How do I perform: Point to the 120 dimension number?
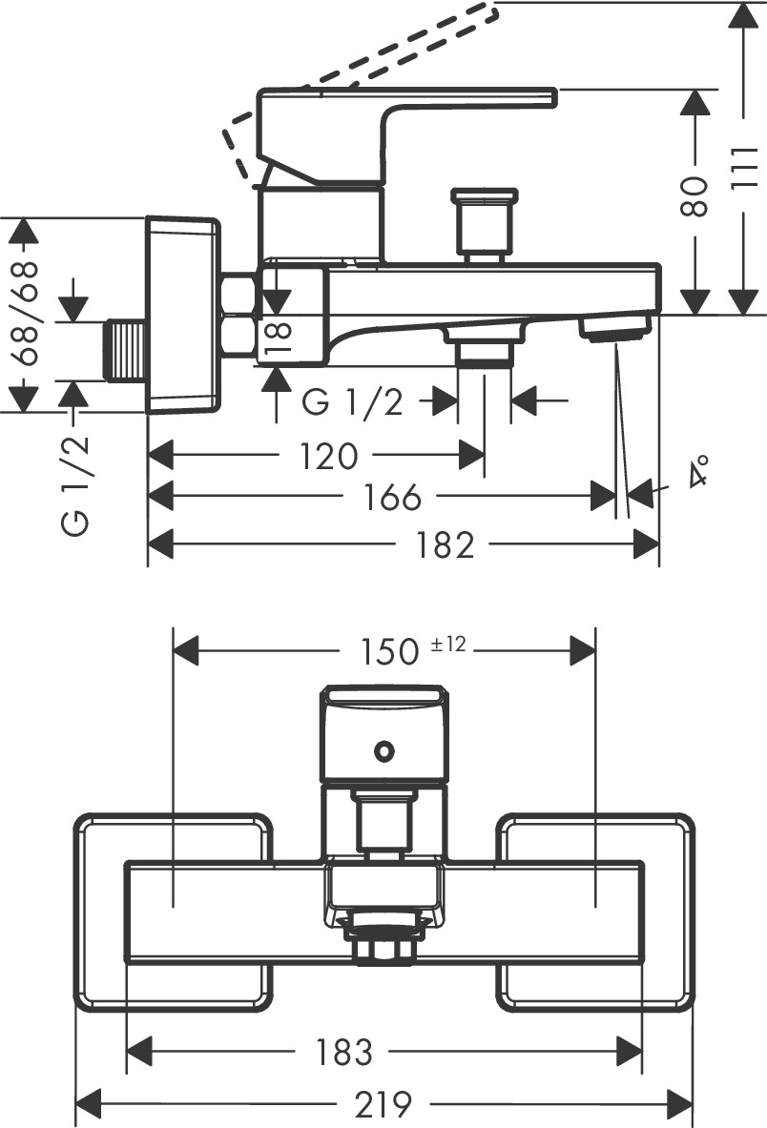[x=327, y=456]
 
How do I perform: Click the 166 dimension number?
[x=391, y=497]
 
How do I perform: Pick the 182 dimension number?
[x=446, y=545]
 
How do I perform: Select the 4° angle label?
[x=699, y=472]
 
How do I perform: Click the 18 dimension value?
[x=278, y=338]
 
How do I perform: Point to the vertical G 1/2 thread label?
[x=77, y=484]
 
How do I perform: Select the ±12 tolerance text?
[x=447, y=646]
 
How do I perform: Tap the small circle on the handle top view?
[x=383, y=751]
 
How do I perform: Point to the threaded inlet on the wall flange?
[x=124, y=352]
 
